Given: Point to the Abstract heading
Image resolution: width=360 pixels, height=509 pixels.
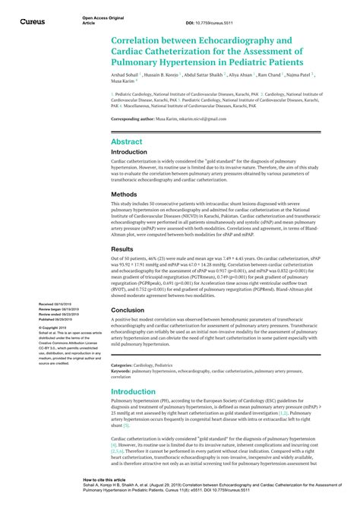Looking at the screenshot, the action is [128, 142].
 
